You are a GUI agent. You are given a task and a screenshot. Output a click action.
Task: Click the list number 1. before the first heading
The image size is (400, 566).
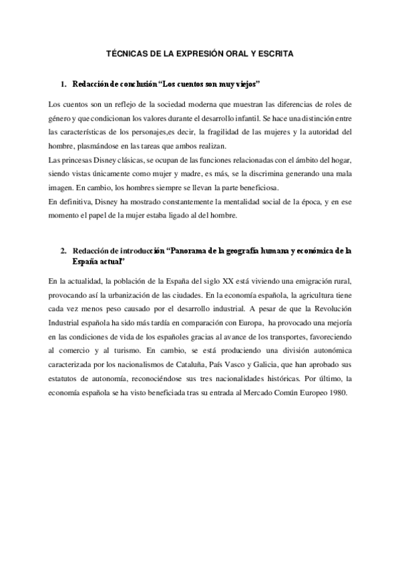[63, 85]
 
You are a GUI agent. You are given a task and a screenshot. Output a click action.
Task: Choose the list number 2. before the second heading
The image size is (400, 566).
[63, 250]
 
